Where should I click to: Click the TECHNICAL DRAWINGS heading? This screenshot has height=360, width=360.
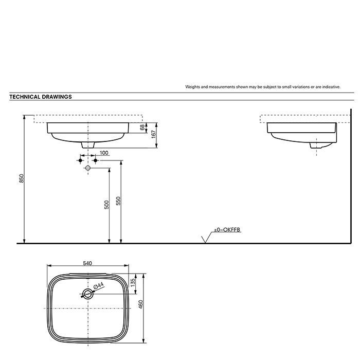pos(41,96)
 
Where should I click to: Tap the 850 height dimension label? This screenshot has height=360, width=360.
pos(21,178)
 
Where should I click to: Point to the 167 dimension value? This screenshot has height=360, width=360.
pos(154,134)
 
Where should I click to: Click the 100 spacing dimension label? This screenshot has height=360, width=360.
pos(104,153)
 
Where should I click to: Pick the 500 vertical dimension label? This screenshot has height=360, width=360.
pos(106,204)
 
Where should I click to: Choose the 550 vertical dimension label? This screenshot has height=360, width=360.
pos(118,201)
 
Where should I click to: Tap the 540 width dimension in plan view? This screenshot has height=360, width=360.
pos(87,263)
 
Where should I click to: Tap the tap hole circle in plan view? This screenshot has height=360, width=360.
pos(88,294)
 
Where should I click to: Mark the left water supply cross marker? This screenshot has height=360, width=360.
pos(80,161)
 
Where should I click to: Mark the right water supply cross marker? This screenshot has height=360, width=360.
pos(96,161)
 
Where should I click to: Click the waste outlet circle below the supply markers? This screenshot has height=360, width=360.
pos(88,168)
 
